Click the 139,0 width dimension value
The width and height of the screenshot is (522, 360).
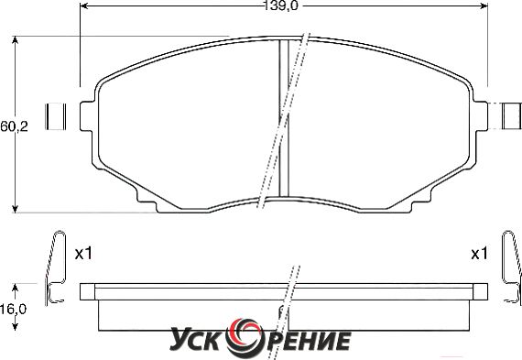pos(280,6)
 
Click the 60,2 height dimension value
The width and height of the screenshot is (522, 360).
pos(14,126)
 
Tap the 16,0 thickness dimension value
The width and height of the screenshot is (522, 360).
pos(13,310)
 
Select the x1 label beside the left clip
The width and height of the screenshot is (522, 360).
pos(83,254)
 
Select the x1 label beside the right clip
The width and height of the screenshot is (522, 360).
pos(479,254)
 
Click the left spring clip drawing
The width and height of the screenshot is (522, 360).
pos(55,267)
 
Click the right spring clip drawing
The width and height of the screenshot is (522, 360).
pos(512,267)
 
